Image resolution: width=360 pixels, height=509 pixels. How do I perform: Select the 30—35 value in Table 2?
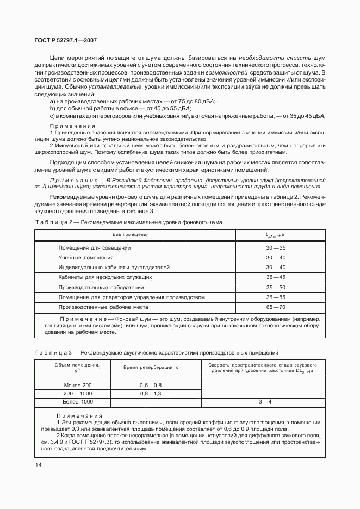276,247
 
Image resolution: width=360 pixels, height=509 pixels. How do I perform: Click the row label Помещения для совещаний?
95,247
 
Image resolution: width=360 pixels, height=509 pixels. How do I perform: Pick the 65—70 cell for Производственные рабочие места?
276,307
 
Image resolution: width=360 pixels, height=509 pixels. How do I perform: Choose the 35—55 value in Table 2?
276,297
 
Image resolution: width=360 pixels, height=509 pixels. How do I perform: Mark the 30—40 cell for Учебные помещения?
276,257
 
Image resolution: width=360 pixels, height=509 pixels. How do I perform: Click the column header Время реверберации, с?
151,368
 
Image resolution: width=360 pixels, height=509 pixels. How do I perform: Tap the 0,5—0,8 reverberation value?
151,385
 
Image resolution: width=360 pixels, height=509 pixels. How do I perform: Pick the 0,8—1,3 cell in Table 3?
151,393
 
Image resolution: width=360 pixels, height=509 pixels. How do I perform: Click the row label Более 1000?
78,402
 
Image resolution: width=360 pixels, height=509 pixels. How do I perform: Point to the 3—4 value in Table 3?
265,402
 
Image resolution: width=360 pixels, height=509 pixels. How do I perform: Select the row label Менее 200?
78,385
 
